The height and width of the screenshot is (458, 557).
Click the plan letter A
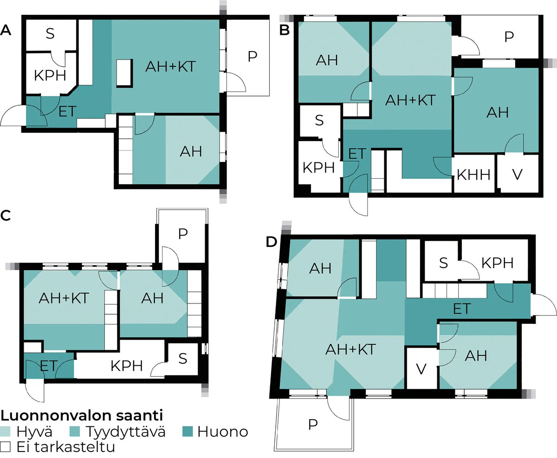point(6,31)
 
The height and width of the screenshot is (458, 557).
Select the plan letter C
point(6,215)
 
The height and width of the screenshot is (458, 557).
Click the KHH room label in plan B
point(473,175)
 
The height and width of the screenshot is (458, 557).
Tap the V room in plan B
point(517,175)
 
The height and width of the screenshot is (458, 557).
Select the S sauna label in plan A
point(49,34)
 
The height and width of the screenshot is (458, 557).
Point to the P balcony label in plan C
point(182,234)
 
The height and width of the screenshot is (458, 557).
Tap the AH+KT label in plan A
point(168,67)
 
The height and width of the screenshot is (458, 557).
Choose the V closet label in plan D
point(421,369)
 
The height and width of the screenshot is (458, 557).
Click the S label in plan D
point(443,263)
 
